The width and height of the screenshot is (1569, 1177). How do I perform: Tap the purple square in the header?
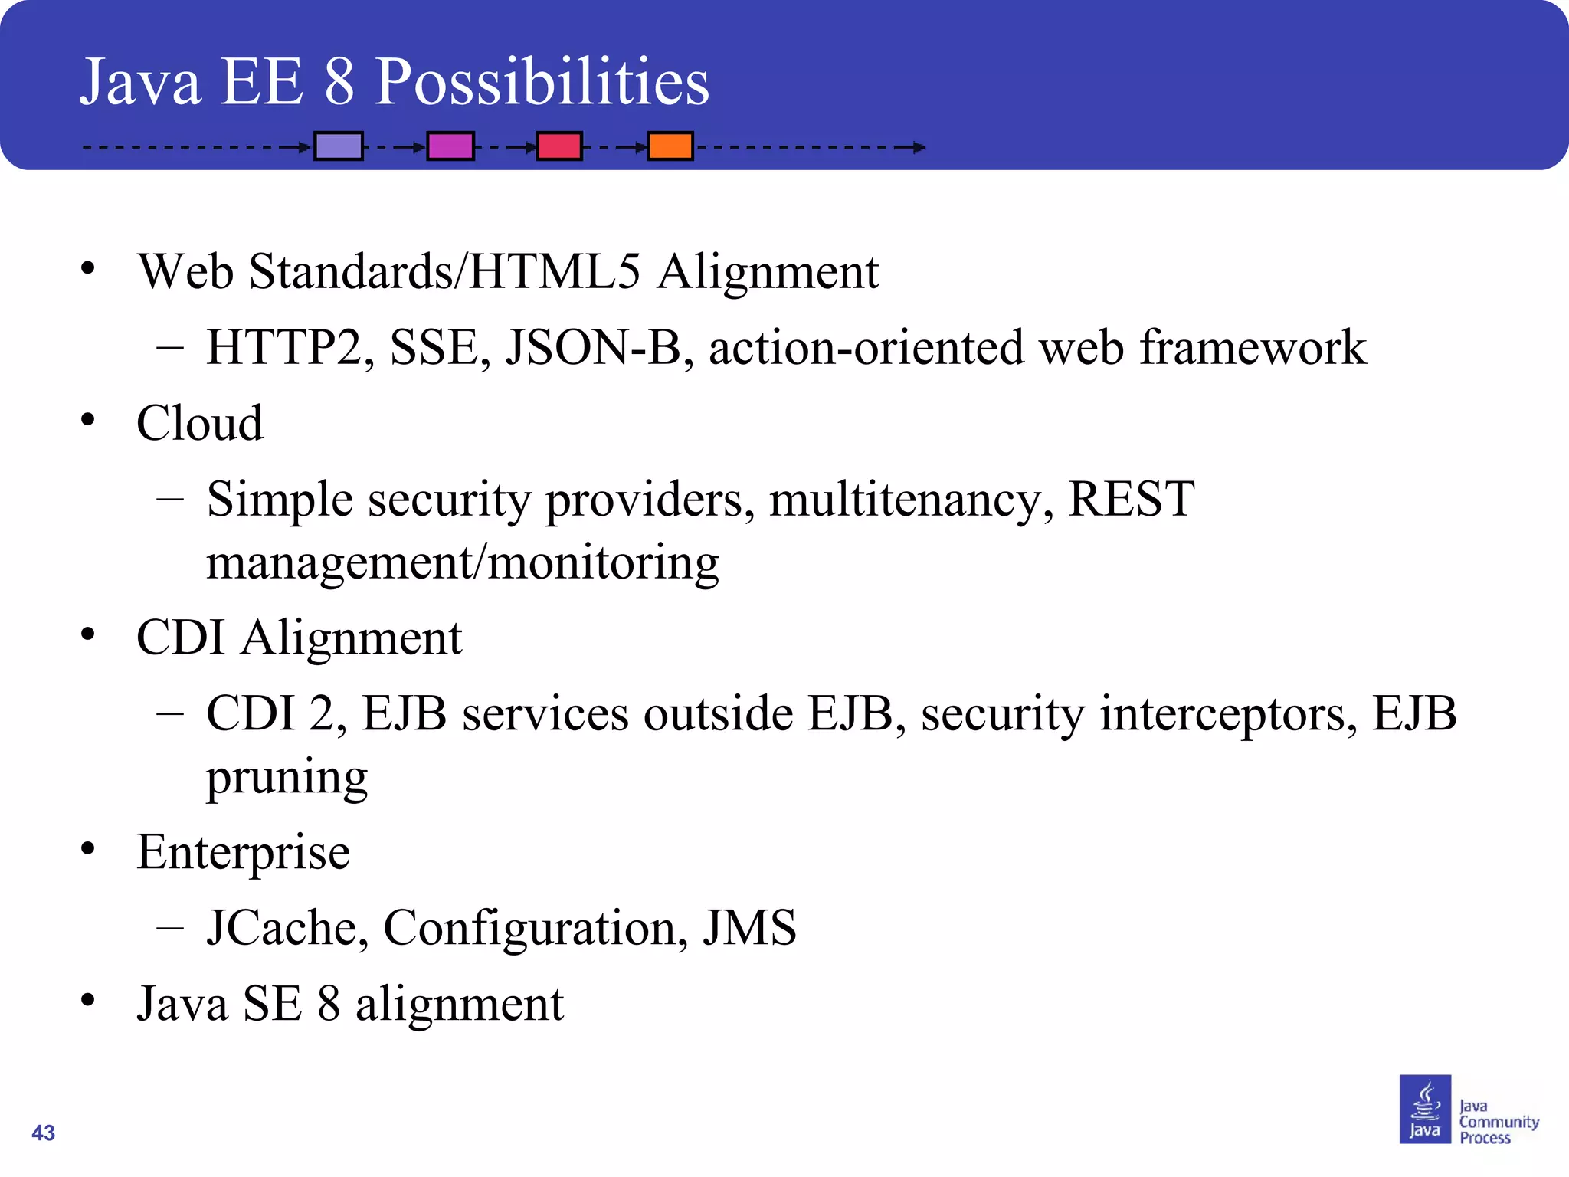[339, 146]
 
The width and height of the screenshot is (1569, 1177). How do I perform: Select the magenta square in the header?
[450, 146]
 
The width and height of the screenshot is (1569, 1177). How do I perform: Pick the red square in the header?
[559, 146]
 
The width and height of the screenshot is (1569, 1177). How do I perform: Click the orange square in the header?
[670, 146]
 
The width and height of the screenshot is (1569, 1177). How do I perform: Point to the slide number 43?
[44, 1133]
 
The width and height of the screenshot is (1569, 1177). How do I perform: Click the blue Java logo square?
[1425, 1109]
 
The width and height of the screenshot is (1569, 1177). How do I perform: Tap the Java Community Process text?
[1498, 1122]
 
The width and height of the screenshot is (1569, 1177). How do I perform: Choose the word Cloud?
[200, 423]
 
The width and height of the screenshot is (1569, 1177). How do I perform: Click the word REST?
[1131, 500]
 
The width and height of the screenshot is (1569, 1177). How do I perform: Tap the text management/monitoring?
[463, 563]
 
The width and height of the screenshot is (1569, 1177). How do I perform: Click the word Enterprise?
[244, 852]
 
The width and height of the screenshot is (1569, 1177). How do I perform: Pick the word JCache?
[287, 928]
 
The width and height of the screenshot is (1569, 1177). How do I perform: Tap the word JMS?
[749, 928]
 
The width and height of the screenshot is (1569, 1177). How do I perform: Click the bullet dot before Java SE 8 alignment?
[88, 999]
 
